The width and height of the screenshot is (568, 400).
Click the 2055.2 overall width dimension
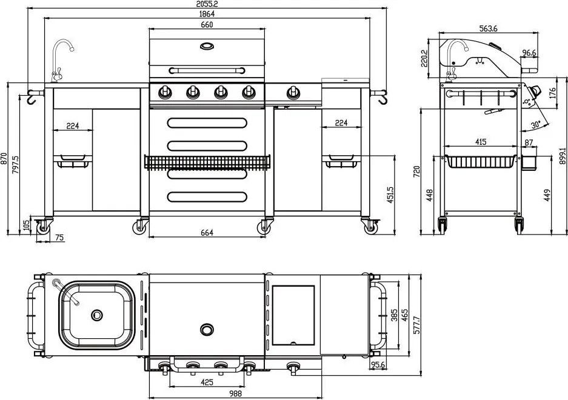click(207, 4)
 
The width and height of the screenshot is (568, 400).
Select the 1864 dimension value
click(207, 14)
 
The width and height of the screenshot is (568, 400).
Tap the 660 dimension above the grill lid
click(207, 25)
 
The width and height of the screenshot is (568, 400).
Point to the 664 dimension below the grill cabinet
click(207, 233)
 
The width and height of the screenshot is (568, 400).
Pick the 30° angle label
click(536, 125)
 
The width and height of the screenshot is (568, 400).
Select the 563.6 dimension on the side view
click(489, 28)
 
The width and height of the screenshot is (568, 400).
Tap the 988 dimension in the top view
click(235, 393)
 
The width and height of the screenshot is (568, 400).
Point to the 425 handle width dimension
click(207, 382)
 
